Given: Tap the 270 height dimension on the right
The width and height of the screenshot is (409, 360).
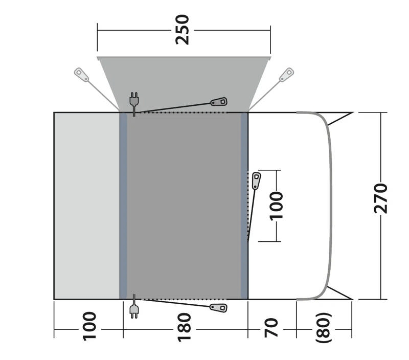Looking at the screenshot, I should click(381, 197).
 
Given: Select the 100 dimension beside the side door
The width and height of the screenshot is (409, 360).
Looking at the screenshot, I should click(277, 205).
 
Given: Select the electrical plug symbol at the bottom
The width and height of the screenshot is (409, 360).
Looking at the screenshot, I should click(134, 309).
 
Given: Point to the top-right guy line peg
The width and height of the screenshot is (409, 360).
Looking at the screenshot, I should click(287, 74).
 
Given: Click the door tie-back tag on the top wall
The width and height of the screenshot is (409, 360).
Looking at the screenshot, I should click(219, 102).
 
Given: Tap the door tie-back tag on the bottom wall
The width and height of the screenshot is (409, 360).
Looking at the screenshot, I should click(219, 308).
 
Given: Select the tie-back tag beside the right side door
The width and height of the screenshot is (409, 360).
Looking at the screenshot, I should click(256, 180).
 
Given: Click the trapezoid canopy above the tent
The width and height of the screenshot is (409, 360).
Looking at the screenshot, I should click(184, 82).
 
